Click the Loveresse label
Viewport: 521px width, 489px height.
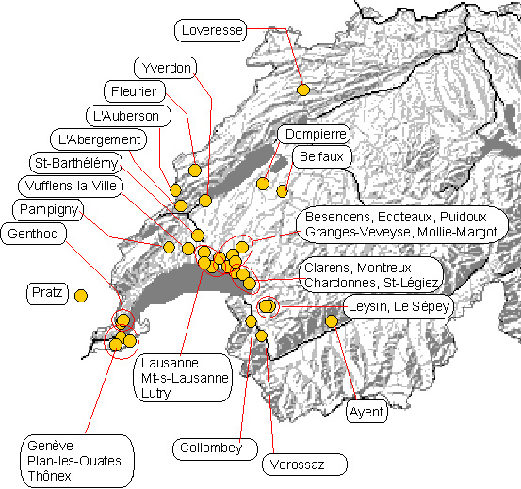click(x=211, y=30)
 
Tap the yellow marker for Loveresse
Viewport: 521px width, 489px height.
click(x=303, y=90)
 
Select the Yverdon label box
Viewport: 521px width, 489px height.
click(x=166, y=68)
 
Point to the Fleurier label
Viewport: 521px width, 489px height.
click(x=135, y=91)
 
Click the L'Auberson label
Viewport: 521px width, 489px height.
click(x=128, y=116)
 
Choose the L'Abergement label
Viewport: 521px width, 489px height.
click(x=98, y=139)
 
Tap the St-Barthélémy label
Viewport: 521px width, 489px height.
click(x=75, y=163)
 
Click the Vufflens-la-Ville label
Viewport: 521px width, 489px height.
click(x=71, y=186)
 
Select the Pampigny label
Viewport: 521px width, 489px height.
click(x=48, y=209)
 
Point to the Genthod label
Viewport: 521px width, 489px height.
click(x=34, y=234)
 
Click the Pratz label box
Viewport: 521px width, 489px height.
click(x=47, y=294)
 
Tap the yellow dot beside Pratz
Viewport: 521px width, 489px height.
click(x=81, y=296)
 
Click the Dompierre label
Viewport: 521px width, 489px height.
click(x=314, y=134)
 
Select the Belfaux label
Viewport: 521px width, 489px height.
click(x=321, y=156)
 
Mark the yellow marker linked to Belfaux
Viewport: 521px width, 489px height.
click(x=282, y=191)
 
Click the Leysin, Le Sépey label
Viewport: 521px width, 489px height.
click(x=399, y=306)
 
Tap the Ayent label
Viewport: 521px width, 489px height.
click(x=366, y=412)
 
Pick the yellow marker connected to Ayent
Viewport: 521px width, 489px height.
click(x=332, y=321)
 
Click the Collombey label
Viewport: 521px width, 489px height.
click(x=215, y=448)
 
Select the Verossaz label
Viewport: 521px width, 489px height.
click(x=304, y=465)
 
